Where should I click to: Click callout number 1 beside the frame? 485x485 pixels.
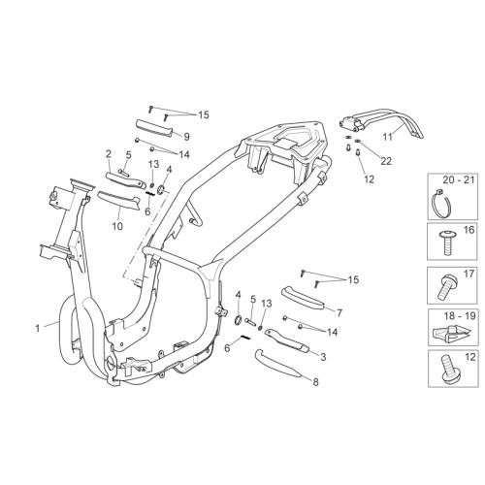pyautogui.click(x=38, y=329)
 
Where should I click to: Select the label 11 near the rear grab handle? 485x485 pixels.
pyautogui.click(x=387, y=137)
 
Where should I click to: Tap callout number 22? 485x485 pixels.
pyautogui.click(x=386, y=161)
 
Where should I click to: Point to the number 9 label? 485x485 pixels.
pyautogui.click(x=186, y=137)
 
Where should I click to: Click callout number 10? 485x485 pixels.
pyautogui.click(x=117, y=226)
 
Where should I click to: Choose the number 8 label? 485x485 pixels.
pyautogui.click(x=315, y=382)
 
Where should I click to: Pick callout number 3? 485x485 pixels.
pyautogui.click(x=323, y=357)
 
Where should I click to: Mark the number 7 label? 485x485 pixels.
pyautogui.click(x=339, y=312)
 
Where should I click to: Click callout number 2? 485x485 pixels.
pyautogui.click(x=109, y=154)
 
